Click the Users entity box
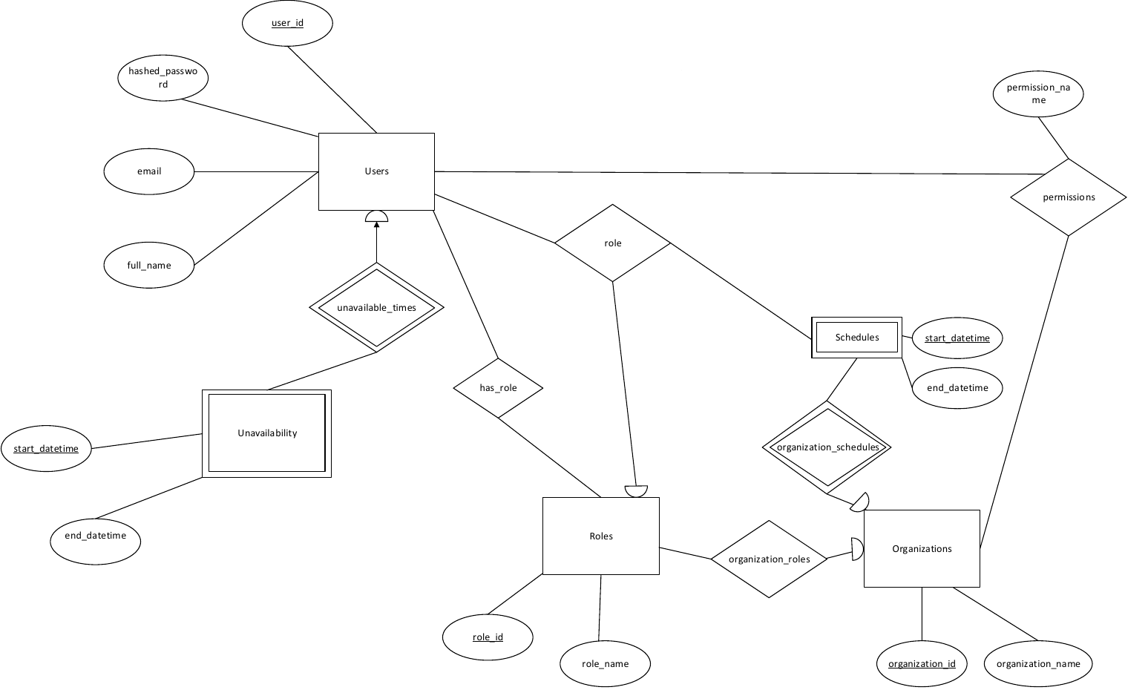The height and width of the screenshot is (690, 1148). [376, 171]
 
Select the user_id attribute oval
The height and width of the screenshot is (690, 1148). [287, 23]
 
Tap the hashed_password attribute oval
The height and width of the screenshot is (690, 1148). [163, 78]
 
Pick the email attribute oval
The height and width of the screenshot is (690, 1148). [149, 171]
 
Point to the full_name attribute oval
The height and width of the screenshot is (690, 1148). [149, 266]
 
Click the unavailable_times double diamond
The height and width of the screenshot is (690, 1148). [376, 308]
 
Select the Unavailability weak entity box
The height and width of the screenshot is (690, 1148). [266, 433]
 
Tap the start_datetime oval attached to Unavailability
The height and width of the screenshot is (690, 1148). [46, 449]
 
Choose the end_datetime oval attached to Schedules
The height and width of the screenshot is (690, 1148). [957, 388]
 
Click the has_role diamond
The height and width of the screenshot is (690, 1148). [498, 388]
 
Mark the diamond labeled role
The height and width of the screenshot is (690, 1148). [613, 243]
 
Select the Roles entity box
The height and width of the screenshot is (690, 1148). [601, 536]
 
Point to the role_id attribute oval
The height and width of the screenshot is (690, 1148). [488, 637]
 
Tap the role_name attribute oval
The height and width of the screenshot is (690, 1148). [606, 664]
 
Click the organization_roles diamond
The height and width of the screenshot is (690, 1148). [769, 559]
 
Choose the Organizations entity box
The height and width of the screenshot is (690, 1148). [922, 549]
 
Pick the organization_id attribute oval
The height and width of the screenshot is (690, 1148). [922, 664]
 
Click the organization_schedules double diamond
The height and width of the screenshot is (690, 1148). [827, 447]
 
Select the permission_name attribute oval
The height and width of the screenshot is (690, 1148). [1038, 93]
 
